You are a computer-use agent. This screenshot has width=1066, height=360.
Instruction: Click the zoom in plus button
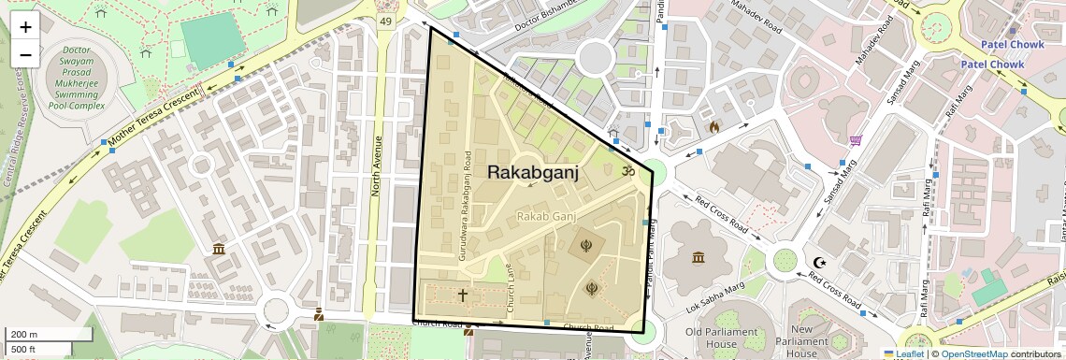tap(25, 26)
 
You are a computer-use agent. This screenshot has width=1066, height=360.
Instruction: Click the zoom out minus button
tap(25, 54)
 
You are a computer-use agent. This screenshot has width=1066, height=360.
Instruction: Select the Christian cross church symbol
tap(462, 295)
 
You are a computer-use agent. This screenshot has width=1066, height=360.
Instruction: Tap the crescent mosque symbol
tap(820, 264)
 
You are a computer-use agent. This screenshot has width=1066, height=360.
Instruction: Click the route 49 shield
tap(385, 21)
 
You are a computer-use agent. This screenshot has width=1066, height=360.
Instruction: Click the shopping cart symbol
tap(856, 141)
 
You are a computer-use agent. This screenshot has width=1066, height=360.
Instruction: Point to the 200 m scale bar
tap(36, 335)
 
